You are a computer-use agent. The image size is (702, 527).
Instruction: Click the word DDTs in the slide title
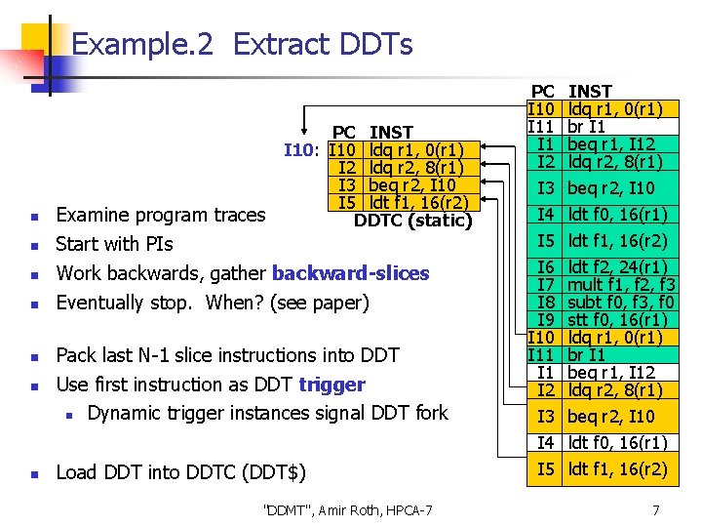373,44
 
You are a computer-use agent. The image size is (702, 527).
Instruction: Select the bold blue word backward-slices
350,273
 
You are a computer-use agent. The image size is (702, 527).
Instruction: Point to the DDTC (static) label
412,221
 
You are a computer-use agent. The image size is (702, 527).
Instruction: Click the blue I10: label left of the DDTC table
302,150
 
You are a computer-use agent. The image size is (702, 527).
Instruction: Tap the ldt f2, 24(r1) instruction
617,266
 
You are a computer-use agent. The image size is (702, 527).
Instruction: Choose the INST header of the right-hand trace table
590,92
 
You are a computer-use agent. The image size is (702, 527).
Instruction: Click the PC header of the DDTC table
344,132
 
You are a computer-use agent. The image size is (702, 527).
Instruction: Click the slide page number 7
656,509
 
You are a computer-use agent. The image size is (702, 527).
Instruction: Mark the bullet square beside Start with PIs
33,245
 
